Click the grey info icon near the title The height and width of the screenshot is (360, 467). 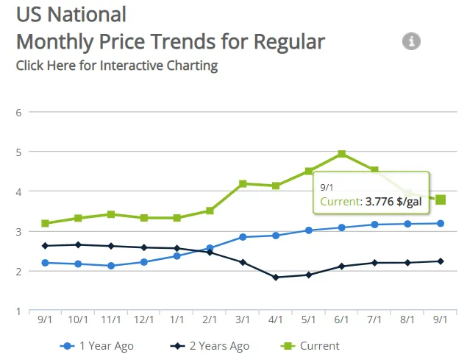click(411, 41)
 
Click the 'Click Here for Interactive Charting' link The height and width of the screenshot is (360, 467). click(117, 65)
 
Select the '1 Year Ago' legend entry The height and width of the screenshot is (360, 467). click(98, 345)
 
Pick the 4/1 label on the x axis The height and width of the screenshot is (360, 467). click(276, 320)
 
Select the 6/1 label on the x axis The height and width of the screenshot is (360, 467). click(342, 320)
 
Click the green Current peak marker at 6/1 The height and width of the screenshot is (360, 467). click(342, 154)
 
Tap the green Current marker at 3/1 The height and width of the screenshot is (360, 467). click(243, 183)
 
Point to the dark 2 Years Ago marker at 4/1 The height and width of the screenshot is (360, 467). click(276, 278)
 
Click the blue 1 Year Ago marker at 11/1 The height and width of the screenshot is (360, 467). click(111, 266)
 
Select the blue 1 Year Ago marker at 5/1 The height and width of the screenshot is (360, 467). click(309, 230)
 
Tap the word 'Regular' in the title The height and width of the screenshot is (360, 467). click(289, 41)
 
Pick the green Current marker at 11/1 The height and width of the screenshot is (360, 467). click(111, 214)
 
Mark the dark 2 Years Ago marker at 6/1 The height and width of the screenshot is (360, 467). click(342, 267)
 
